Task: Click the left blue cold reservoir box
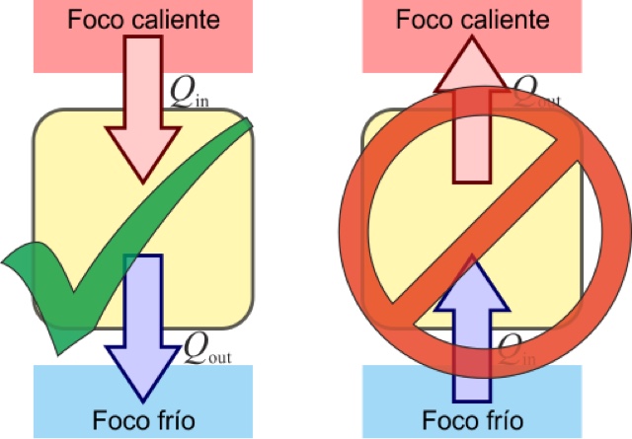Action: pos(59,395)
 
